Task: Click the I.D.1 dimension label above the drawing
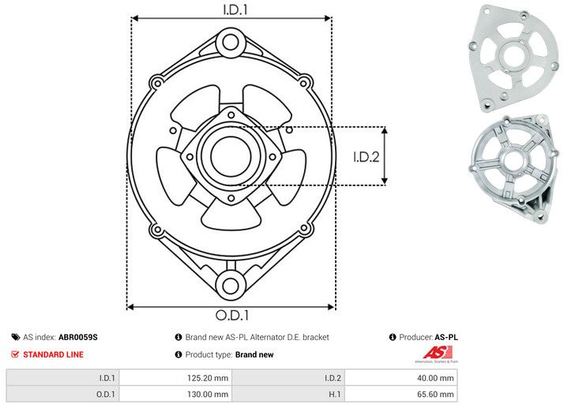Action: point(231,9)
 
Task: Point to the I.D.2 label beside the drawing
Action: point(367,156)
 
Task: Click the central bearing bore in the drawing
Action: point(230,155)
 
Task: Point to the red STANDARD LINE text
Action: point(53,354)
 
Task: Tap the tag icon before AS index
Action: point(16,337)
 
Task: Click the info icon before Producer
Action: point(393,337)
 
